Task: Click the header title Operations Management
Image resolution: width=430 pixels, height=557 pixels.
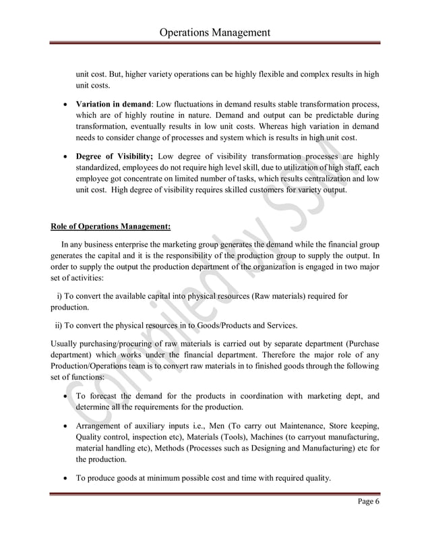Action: coord(214,32)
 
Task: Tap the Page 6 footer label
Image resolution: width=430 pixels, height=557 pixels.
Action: coord(365,508)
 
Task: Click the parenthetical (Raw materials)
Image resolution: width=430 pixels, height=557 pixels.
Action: coord(281,296)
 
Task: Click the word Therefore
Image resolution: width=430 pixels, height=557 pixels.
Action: coord(275,355)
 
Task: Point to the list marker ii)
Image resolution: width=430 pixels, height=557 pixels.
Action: coord(59,325)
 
